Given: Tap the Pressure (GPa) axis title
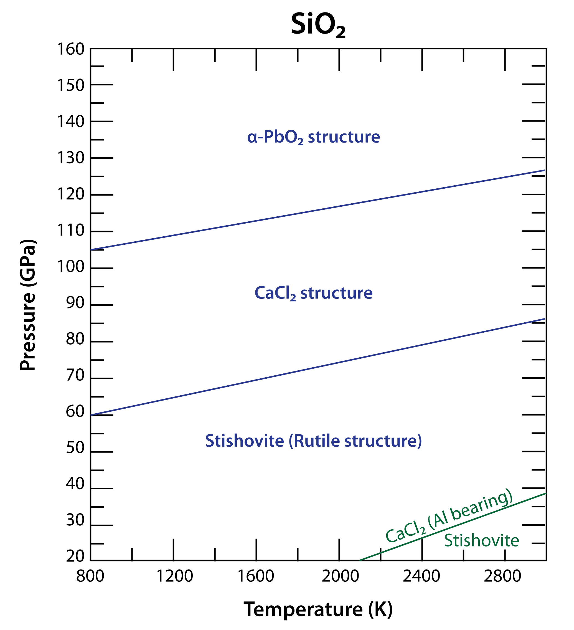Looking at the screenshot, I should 28,305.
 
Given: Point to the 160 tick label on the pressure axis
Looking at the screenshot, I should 71,49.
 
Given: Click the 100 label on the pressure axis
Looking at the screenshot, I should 71,267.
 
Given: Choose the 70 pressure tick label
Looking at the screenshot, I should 75,375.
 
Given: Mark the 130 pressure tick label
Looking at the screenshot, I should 71,158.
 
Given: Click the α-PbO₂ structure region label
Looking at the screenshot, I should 314,138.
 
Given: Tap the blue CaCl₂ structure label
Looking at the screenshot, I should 314,293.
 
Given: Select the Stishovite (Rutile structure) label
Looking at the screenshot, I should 314,441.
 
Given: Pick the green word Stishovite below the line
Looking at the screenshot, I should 482,541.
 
